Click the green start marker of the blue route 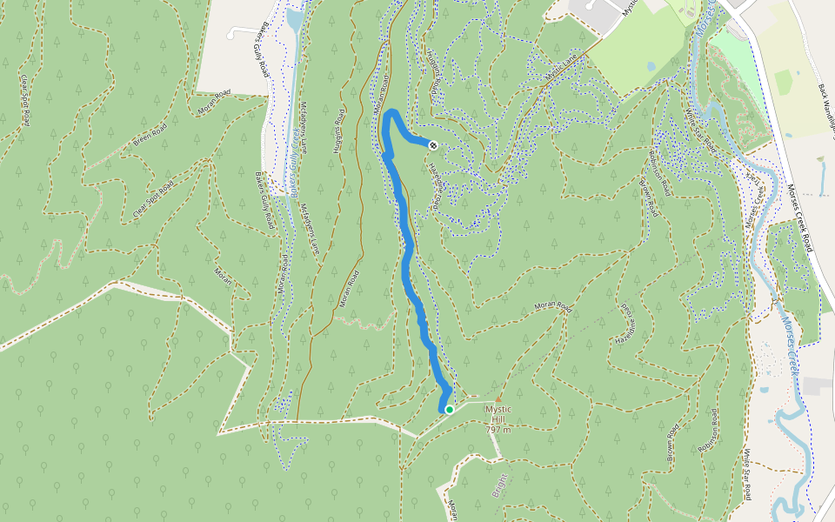(x=449, y=409)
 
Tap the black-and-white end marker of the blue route (x=433, y=145)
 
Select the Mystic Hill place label (x=501, y=410)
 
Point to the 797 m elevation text (x=498, y=430)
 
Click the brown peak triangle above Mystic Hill (x=498, y=399)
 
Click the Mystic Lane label (x=561, y=70)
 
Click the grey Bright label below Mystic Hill (x=499, y=480)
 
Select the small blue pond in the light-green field (x=651, y=66)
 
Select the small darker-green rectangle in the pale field (x=784, y=83)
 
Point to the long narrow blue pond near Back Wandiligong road (x=822, y=177)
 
